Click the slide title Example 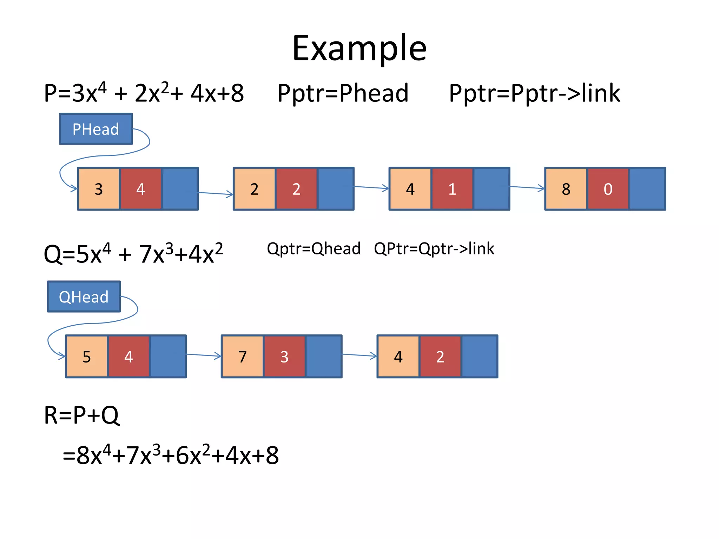tap(359, 48)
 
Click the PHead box tap(96, 129)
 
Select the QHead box tap(84, 297)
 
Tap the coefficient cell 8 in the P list tap(566, 189)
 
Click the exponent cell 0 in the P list tap(608, 189)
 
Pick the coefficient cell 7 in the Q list tap(242, 357)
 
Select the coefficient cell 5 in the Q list tap(87, 357)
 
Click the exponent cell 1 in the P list tap(452, 189)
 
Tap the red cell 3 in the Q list tap(284, 357)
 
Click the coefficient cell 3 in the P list tap(99, 189)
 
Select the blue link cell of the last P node tap(647, 189)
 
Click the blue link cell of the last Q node tap(479, 357)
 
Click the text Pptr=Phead tap(343, 93)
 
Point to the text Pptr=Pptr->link tap(534, 93)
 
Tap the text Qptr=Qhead tap(314, 249)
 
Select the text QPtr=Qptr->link tap(434, 249)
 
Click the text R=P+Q tap(81, 415)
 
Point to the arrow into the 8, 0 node tap(527, 188)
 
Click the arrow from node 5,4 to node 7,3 tap(204, 355)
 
